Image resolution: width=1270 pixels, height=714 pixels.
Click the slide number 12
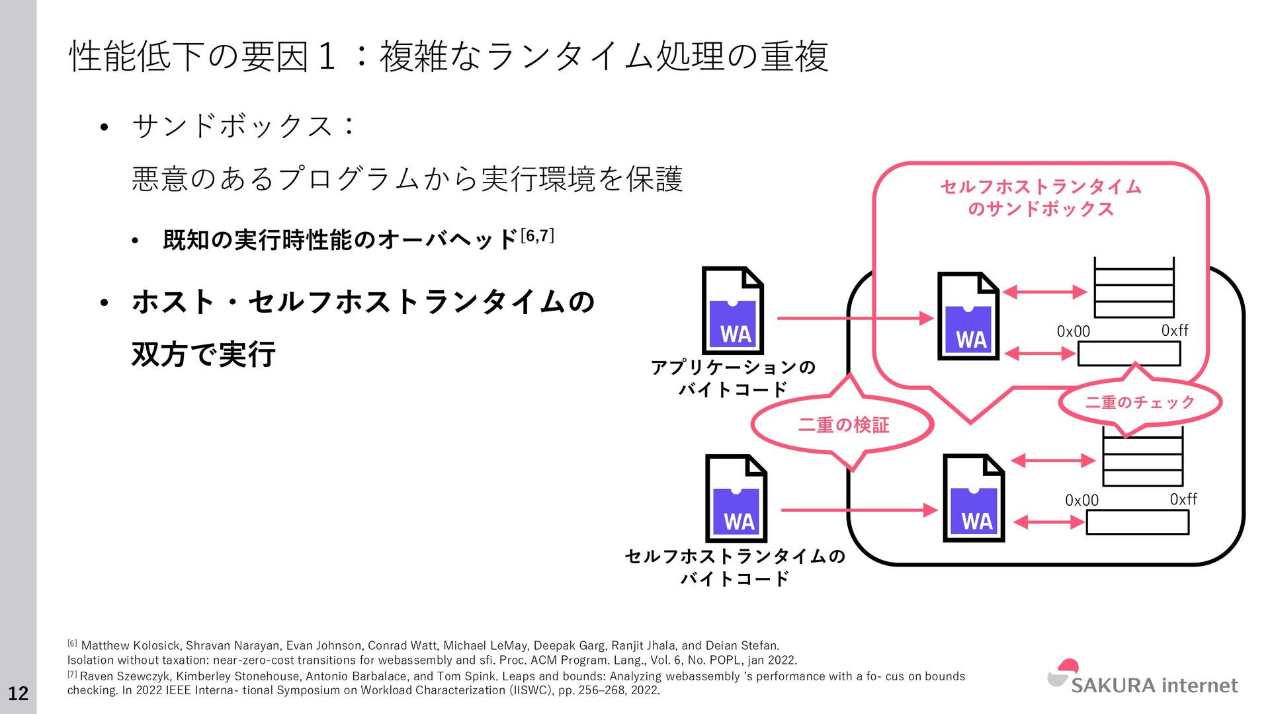tap(18, 693)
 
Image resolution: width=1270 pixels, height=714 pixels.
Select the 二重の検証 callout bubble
tap(843, 424)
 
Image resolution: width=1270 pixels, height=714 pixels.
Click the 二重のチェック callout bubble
tap(1139, 402)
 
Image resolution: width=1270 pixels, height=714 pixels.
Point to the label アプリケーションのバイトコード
tap(733, 377)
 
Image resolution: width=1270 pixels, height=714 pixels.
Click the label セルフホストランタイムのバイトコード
tap(735, 567)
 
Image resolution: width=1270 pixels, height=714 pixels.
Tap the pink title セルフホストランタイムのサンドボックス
tap(1040, 198)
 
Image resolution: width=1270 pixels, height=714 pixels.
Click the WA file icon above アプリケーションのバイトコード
tap(733, 311)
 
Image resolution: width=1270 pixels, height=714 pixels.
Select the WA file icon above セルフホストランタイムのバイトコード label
tap(736, 498)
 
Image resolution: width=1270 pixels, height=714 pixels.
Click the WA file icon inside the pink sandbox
tap(968, 316)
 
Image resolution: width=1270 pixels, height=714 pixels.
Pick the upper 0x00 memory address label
tap(1073, 331)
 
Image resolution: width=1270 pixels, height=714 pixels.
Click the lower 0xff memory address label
tap(1183, 499)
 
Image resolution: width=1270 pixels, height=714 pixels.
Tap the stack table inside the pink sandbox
tap(1134, 288)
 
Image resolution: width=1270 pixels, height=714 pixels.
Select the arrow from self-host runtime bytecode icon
tap(859, 510)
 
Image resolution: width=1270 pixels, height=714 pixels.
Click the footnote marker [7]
tap(72, 675)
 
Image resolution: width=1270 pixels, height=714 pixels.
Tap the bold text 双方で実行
tap(203, 354)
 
